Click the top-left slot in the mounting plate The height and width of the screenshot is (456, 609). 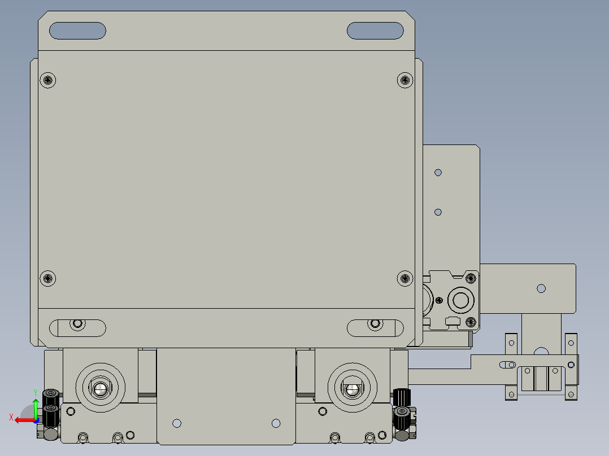[x=77, y=30]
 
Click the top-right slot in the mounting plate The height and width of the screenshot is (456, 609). [x=375, y=30]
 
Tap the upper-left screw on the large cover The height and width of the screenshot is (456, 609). [x=49, y=80]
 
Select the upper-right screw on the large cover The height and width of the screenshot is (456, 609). [x=404, y=80]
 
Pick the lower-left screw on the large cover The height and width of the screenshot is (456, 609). [x=49, y=278]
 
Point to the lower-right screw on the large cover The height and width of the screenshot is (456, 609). [x=404, y=278]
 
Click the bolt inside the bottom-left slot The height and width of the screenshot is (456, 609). [x=77, y=325]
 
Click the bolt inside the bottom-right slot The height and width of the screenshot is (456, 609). [x=375, y=325]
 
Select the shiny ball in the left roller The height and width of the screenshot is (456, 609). [x=101, y=388]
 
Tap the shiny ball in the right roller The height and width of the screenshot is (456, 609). [x=353, y=388]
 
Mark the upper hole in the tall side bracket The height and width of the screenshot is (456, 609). [x=438, y=172]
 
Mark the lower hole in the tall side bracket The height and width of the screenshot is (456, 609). [x=438, y=212]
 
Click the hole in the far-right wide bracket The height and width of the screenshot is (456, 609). [x=541, y=288]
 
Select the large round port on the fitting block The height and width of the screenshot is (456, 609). [x=460, y=299]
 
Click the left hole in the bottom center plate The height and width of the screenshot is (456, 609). [x=177, y=423]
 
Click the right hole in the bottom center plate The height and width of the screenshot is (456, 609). [x=276, y=423]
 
